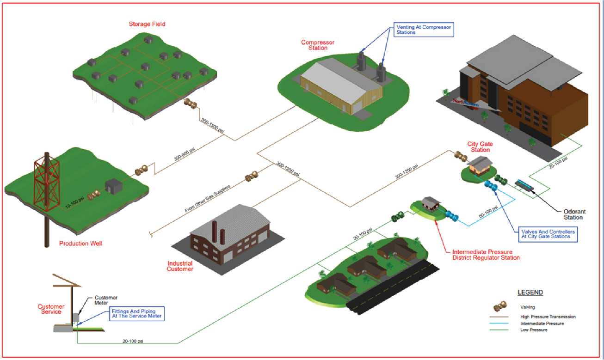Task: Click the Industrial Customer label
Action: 180,266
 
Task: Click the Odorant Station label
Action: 573,214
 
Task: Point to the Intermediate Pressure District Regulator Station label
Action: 486,255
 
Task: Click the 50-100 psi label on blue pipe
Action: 488,213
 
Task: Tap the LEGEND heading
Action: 530,293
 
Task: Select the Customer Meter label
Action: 107,300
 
